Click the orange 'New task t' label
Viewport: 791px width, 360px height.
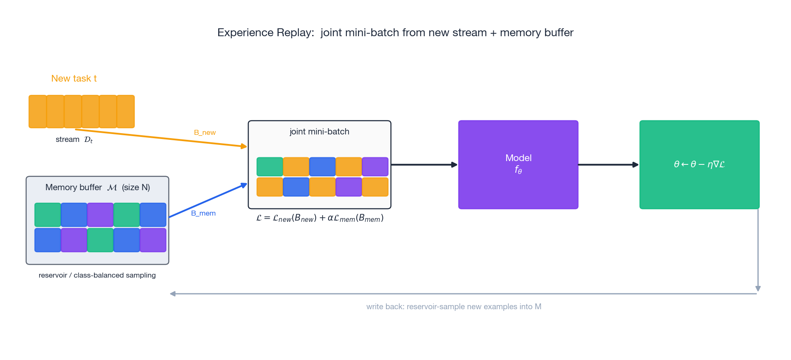(74, 78)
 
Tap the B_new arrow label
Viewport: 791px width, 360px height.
(204, 132)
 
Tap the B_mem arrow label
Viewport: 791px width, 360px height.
(203, 213)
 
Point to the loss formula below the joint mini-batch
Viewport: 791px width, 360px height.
(319, 218)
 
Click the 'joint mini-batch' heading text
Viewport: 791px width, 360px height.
(319, 132)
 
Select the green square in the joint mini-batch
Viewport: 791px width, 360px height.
(269, 166)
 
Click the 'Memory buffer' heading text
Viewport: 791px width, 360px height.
(74, 187)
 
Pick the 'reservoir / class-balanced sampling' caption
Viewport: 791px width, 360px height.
(97, 275)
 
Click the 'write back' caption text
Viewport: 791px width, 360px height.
(453, 307)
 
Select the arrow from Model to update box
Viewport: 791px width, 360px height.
(608, 165)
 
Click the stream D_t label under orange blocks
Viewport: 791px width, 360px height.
(74, 139)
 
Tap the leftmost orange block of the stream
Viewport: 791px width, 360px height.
(37, 112)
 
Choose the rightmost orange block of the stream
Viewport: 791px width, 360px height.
(125, 112)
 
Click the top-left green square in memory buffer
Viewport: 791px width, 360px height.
(47, 214)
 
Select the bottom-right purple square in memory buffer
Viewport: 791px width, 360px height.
(153, 240)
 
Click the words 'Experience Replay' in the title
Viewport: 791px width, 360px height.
(265, 32)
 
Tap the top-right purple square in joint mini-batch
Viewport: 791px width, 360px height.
(375, 166)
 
